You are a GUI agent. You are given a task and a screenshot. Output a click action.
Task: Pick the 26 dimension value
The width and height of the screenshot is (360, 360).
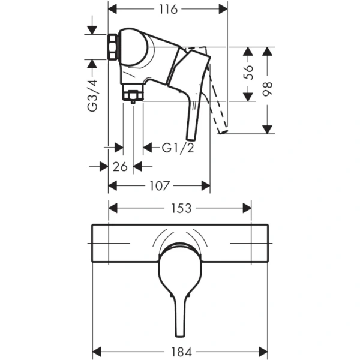point(120,167)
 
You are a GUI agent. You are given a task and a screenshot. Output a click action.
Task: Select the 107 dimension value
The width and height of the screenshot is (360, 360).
point(159,186)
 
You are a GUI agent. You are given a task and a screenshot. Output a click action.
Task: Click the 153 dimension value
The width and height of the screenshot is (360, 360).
point(181,208)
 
